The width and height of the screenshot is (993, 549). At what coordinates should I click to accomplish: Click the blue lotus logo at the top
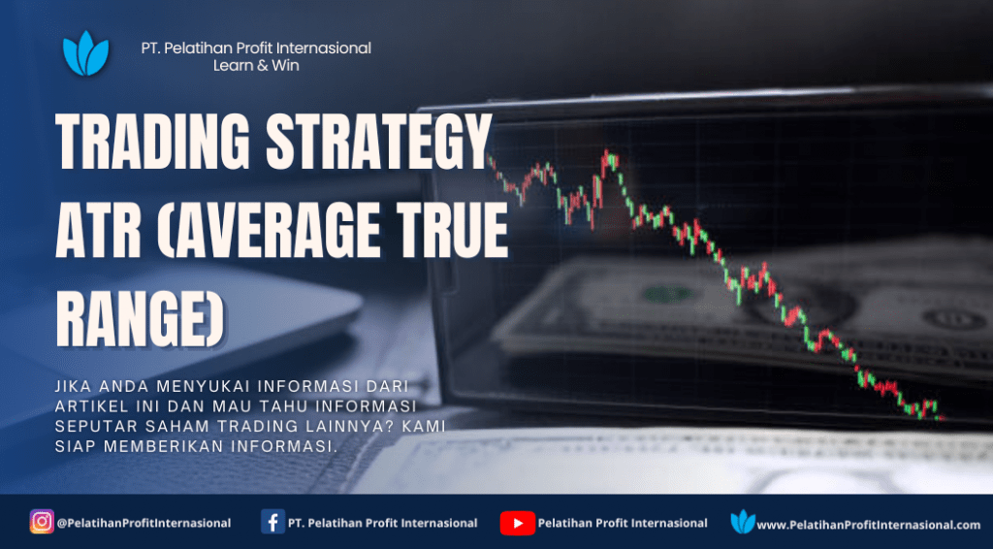(x=86, y=53)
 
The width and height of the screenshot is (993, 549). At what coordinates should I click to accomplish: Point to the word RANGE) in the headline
(x=140, y=318)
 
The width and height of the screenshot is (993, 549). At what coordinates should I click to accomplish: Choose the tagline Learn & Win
(x=256, y=65)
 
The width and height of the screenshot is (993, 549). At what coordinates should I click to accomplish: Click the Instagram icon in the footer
(x=42, y=522)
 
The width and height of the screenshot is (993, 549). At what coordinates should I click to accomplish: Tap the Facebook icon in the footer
(x=272, y=523)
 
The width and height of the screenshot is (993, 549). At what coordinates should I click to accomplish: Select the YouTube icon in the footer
(x=518, y=523)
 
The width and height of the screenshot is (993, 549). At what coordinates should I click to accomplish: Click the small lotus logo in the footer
(x=743, y=522)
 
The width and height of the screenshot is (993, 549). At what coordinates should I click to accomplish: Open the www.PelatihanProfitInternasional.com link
(x=869, y=525)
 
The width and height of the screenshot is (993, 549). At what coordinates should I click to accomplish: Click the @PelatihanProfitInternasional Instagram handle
(x=144, y=524)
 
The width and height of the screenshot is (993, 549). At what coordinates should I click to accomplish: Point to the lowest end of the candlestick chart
(x=942, y=418)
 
